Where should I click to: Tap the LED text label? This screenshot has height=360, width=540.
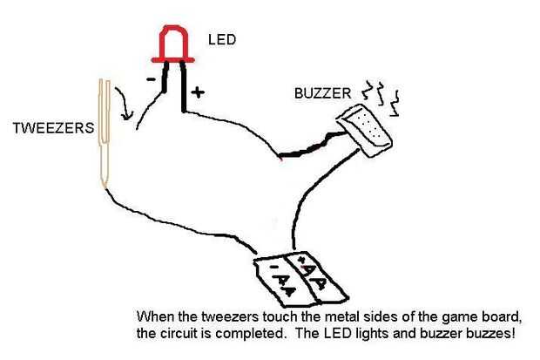[222, 39]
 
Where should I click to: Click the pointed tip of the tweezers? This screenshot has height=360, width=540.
[103, 185]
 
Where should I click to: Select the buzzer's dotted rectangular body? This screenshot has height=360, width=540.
[367, 127]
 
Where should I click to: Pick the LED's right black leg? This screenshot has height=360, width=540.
[184, 87]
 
